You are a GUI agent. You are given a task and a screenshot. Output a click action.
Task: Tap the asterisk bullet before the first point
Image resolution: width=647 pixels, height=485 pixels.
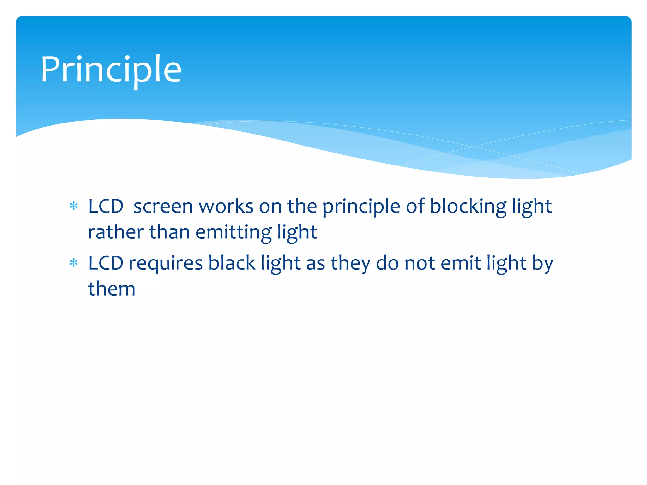tap(74, 206)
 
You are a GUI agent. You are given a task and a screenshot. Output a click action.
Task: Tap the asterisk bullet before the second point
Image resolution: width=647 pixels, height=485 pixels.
tap(74, 263)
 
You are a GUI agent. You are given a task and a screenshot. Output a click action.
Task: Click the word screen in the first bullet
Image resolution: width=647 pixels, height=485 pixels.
tap(163, 207)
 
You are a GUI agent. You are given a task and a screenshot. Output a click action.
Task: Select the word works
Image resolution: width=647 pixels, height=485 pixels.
tap(226, 207)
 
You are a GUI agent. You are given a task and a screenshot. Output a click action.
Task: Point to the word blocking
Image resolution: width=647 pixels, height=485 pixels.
tap(468, 207)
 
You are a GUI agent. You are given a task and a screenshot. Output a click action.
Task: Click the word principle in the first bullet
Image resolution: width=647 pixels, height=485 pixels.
tap(361, 207)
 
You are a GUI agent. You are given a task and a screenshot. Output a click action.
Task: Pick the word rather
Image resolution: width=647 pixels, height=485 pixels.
tap(116, 232)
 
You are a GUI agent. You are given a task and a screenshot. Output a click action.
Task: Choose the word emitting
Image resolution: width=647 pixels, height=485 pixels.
tap(233, 232)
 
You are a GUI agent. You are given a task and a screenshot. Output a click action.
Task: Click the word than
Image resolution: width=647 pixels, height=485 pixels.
tap(169, 232)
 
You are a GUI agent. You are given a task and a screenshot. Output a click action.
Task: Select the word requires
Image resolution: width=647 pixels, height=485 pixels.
tap(166, 263)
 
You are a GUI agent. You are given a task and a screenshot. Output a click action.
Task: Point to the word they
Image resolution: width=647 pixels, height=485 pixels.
tap(350, 263)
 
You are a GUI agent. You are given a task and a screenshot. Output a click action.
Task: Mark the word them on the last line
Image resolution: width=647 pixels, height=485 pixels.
tap(112, 289)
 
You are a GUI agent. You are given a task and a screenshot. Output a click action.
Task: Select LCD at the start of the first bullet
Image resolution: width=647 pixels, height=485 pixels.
tap(106, 207)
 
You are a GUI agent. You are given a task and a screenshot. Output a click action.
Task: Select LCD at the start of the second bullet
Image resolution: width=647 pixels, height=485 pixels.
tap(106, 263)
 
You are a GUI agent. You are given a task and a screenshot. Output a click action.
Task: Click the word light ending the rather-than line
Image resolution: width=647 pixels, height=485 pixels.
tap(297, 232)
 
